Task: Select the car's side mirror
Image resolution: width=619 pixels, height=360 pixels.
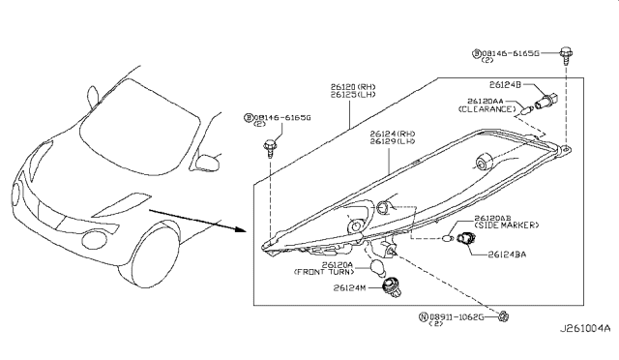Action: pos(207,157)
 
